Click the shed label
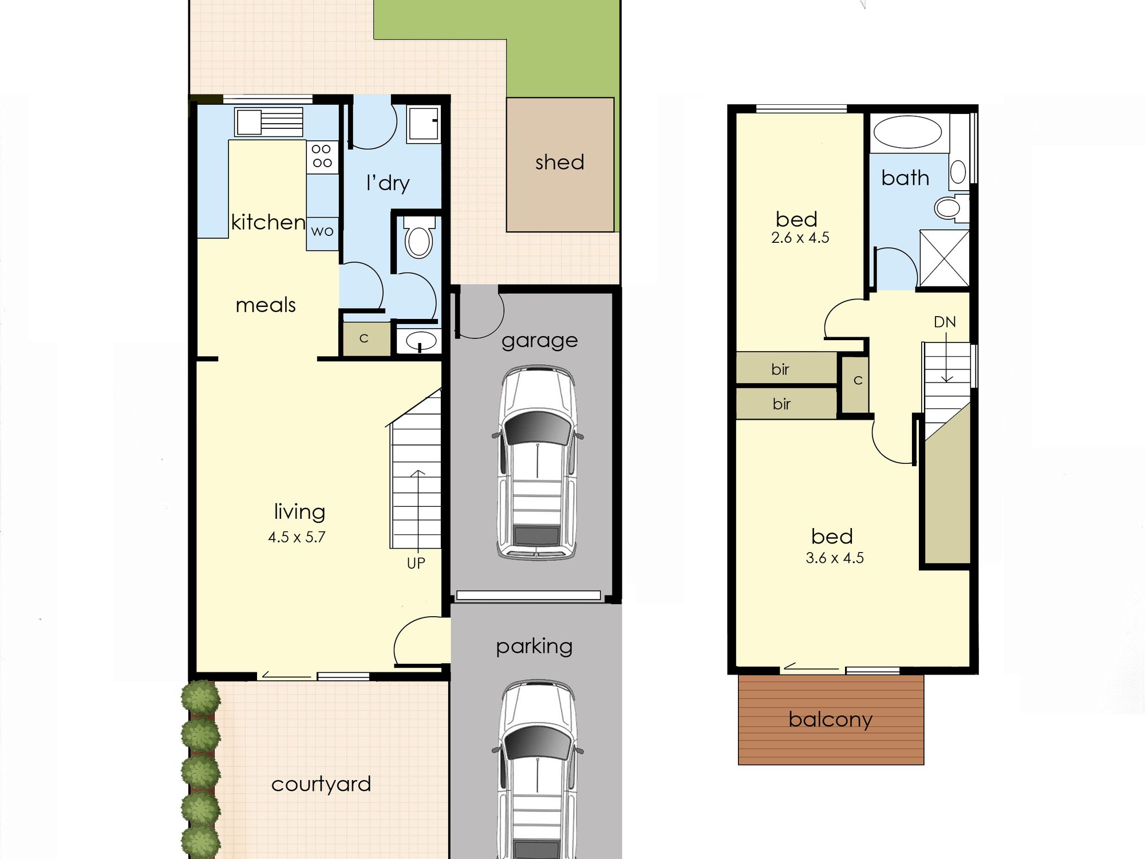click(x=560, y=163)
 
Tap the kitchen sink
click(x=269, y=122)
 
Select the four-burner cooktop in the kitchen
click(x=322, y=156)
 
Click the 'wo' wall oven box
click(x=322, y=232)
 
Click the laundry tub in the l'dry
click(x=424, y=123)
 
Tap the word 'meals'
click(x=266, y=305)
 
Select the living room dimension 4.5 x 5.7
click(x=297, y=537)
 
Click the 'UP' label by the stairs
click(x=416, y=564)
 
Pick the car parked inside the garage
click(x=537, y=463)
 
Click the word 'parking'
click(x=534, y=647)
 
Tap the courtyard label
click(x=321, y=785)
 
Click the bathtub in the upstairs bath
click(x=907, y=132)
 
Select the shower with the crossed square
click(x=944, y=258)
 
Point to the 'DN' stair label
click(x=945, y=322)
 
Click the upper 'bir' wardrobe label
click(x=780, y=369)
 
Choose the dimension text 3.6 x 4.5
click(x=835, y=558)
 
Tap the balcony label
click(x=830, y=720)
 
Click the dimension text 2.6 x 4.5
click(x=800, y=238)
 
